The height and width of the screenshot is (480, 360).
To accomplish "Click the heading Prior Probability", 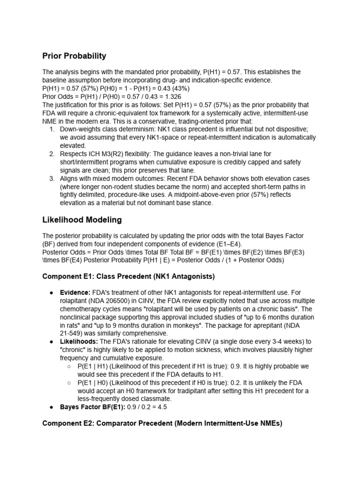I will [74, 56].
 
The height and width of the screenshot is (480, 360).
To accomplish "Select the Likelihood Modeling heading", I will [82, 219].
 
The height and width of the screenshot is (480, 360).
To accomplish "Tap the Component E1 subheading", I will [129, 277].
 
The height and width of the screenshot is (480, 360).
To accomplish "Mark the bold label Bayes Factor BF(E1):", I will [92, 407].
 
